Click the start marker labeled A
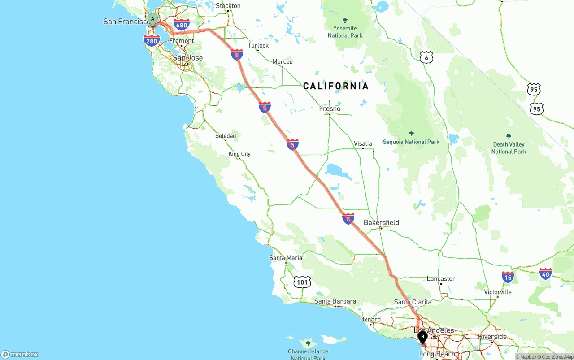152,19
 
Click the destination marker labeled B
422,336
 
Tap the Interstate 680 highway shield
182,25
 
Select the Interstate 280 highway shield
152,41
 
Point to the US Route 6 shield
426,57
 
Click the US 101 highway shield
303,282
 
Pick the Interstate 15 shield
508,277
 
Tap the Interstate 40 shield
545,274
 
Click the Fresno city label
330,108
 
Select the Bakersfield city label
381,222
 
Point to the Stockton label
228,6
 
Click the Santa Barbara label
335,301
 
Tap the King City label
239,154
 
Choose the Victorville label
498,292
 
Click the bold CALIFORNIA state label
336,86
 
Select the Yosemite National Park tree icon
345,20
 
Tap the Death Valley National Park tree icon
509,136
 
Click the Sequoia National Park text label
411,142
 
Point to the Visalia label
363,143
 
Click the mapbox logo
20,354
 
